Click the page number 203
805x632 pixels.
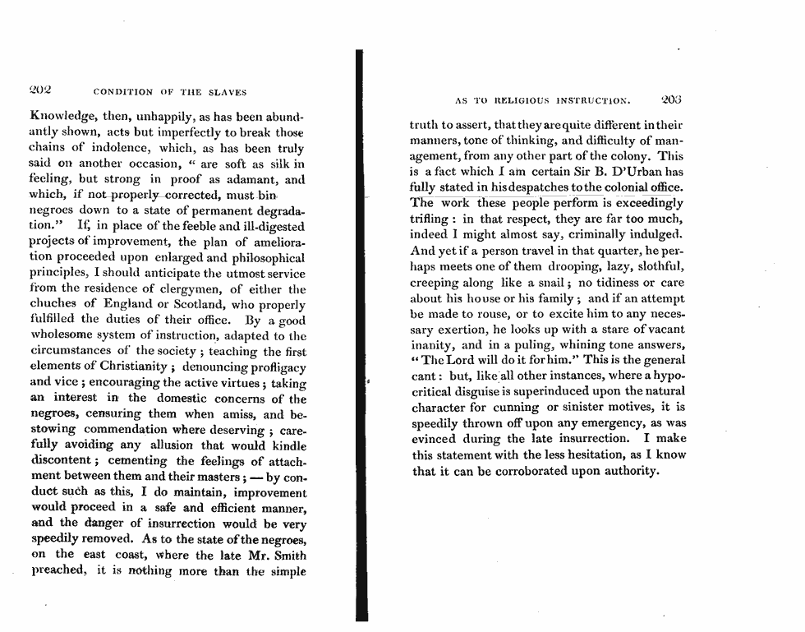click(x=672, y=101)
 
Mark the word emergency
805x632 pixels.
click(x=609, y=423)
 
